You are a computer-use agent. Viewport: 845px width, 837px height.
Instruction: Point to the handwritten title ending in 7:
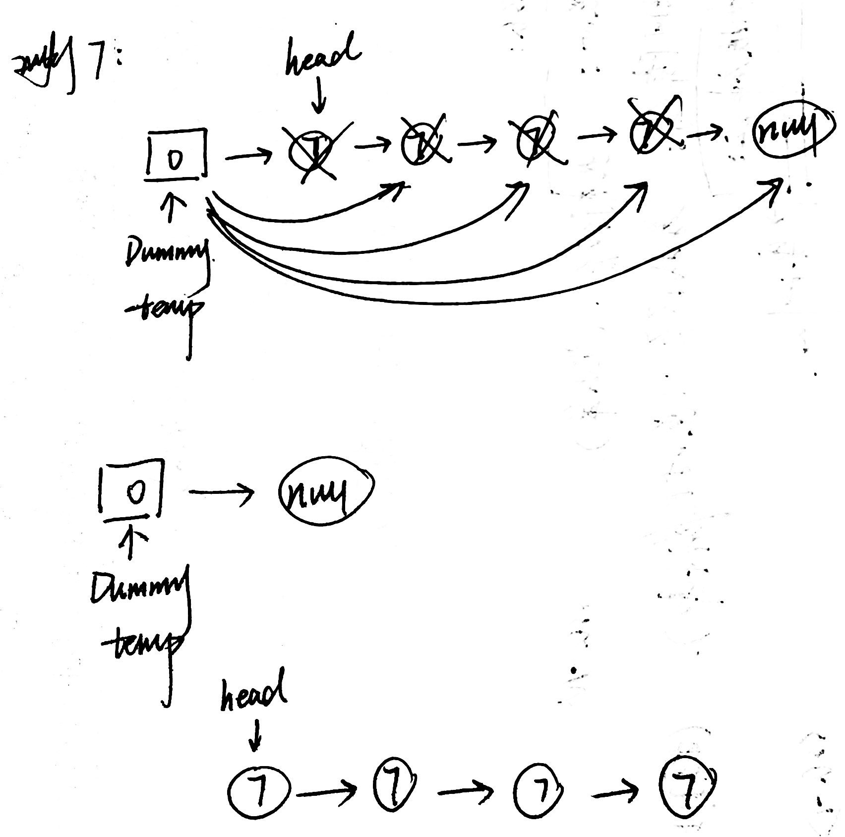(x=64, y=69)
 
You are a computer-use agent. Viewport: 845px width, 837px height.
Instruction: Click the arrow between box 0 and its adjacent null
(x=221, y=492)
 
